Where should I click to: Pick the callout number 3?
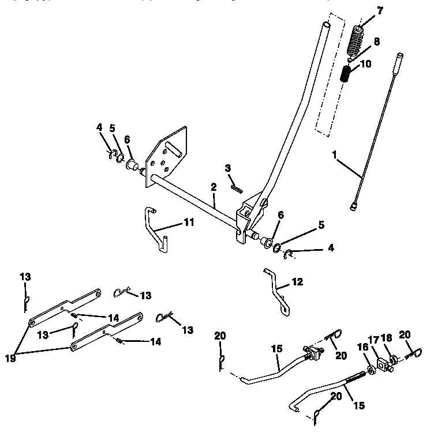click(x=228, y=167)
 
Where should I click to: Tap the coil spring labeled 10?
click(x=346, y=74)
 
